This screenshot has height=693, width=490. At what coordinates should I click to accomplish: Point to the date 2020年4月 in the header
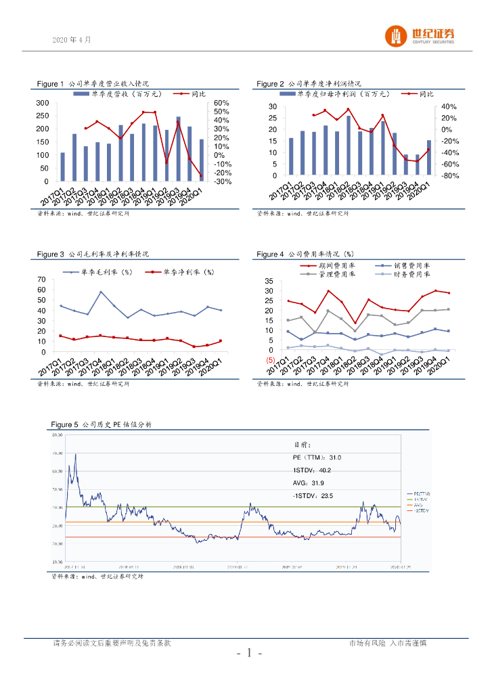click(x=71, y=40)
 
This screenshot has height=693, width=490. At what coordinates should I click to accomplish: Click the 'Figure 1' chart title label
click(x=51, y=84)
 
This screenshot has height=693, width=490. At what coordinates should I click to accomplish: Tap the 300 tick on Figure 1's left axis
click(x=42, y=103)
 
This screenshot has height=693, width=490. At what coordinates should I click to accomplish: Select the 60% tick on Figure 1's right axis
click(x=222, y=103)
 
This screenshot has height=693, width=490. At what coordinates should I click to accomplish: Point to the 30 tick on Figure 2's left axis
click(x=272, y=107)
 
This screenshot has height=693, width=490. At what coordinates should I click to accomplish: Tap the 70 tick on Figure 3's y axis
click(x=41, y=279)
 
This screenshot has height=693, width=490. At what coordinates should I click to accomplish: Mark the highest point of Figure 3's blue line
click(x=101, y=292)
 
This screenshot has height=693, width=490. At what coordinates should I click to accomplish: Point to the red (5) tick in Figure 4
click(x=270, y=361)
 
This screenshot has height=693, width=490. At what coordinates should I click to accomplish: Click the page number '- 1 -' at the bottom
click(x=249, y=653)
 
